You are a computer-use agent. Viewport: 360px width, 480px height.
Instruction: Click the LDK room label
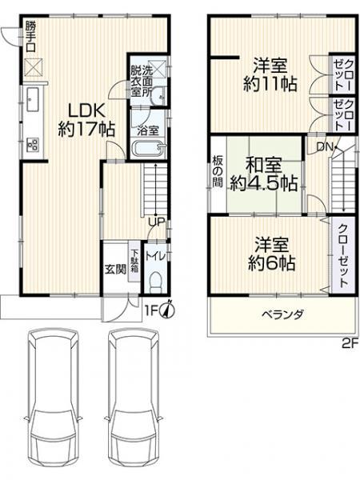coord(86,120)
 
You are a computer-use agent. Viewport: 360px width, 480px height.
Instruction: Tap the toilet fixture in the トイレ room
coord(156,282)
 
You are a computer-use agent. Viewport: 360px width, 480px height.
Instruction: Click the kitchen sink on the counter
coord(33,99)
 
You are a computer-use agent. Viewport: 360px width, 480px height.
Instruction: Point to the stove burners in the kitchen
coord(33,145)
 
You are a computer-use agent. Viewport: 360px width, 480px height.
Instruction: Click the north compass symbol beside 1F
coord(168,310)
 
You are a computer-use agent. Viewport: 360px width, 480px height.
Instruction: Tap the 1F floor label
coord(151,311)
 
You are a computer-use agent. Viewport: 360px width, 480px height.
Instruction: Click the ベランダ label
coord(283,314)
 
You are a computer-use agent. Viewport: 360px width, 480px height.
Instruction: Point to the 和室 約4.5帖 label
coord(264,174)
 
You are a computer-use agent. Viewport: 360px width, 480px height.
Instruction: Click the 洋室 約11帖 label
coord(270,75)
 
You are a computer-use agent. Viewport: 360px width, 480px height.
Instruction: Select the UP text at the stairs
coord(157,222)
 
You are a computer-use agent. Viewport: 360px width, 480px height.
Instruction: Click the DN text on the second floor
coord(324,147)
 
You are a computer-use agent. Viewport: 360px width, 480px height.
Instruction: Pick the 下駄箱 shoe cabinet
coord(134,262)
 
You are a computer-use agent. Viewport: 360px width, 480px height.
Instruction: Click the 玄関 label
coord(115,270)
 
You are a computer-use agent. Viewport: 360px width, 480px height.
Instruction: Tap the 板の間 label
coord(218,172)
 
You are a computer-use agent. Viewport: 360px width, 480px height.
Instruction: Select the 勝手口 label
coord(30,37)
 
